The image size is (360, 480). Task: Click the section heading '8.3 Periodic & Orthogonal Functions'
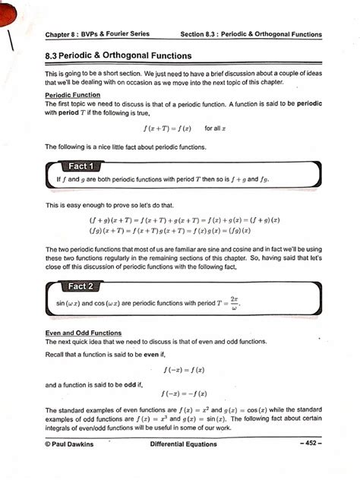(118, 56)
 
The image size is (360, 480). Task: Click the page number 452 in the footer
(311, 444)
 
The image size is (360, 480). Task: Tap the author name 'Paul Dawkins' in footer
(74, 444)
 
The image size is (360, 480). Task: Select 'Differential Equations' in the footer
(183, 444)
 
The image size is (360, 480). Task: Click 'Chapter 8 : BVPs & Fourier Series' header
(97, 34)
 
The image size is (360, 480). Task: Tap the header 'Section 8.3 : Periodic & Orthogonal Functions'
(251, 34)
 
